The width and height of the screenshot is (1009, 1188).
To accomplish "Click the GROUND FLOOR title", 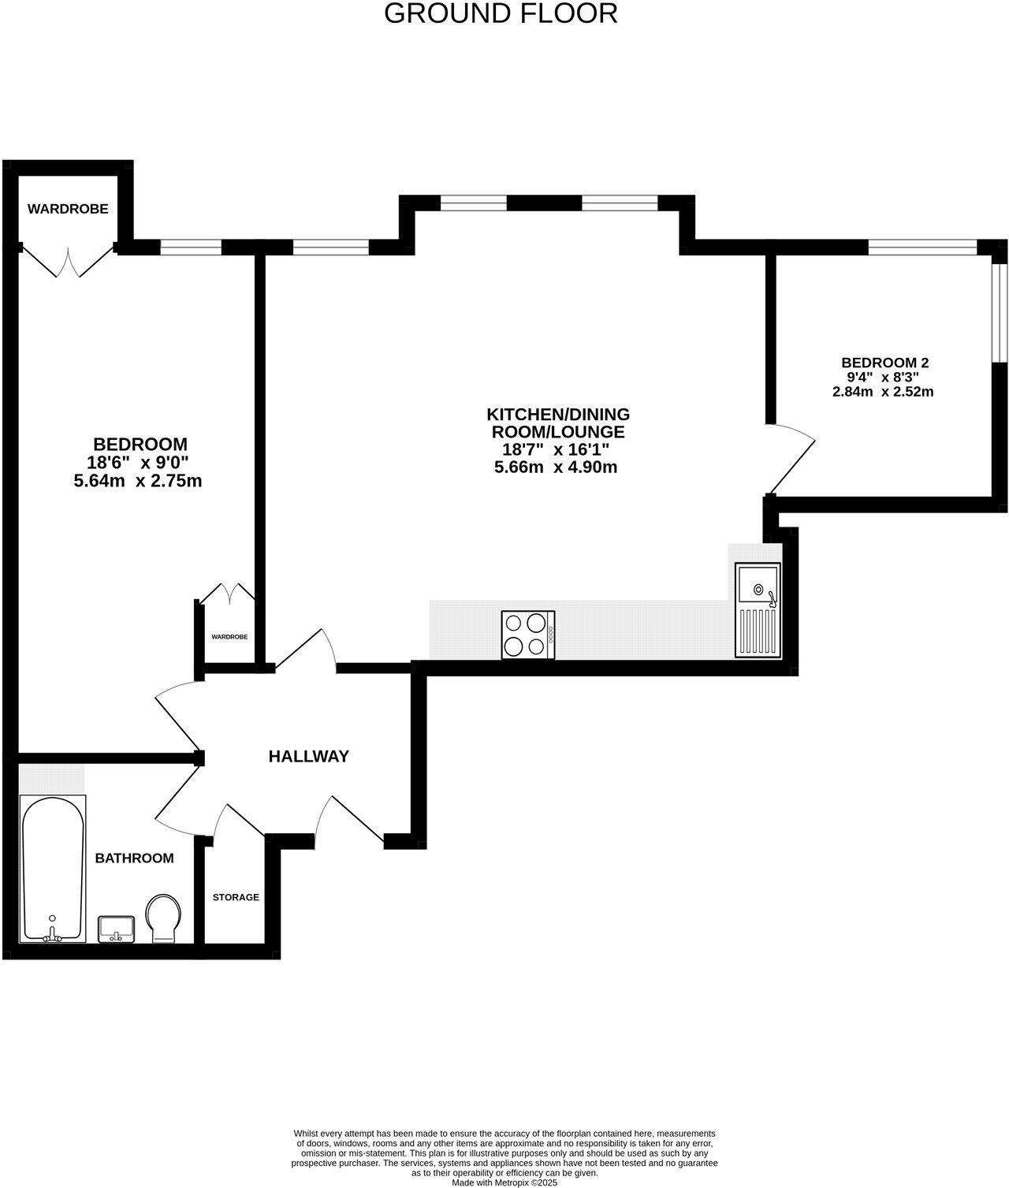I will (x=501, y=13).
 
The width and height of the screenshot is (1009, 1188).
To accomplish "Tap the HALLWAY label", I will (x=308, y=757).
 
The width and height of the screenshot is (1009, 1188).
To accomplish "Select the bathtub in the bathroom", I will (x=52, y=868).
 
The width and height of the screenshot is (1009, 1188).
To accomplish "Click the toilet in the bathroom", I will (x=164, y=918).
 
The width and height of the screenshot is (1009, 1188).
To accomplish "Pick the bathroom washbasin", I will (x=117, y=929).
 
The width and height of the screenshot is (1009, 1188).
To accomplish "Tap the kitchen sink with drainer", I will (x=758, y=610).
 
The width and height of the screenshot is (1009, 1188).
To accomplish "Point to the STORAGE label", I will (x=236, y=897).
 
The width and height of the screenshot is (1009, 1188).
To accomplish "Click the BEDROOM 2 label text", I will (x=884, y=363).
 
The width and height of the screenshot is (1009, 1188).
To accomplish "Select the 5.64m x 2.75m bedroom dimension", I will (x=138, y=481).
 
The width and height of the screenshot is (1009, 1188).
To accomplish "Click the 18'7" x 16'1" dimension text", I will (x=557, y=450).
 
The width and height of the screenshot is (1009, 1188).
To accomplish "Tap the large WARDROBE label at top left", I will (x=68, y=209).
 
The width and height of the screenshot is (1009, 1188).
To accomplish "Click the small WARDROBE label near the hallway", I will (x=229, y=636).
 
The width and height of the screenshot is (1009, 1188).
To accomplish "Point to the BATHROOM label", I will (x=134, y=858).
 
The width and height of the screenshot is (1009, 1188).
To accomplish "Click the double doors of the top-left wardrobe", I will (x=68, y=263).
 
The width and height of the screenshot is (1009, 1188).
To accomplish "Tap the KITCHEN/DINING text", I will (x=558, y=414).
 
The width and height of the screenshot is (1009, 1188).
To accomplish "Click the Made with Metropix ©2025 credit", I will (x=504, y=1182).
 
